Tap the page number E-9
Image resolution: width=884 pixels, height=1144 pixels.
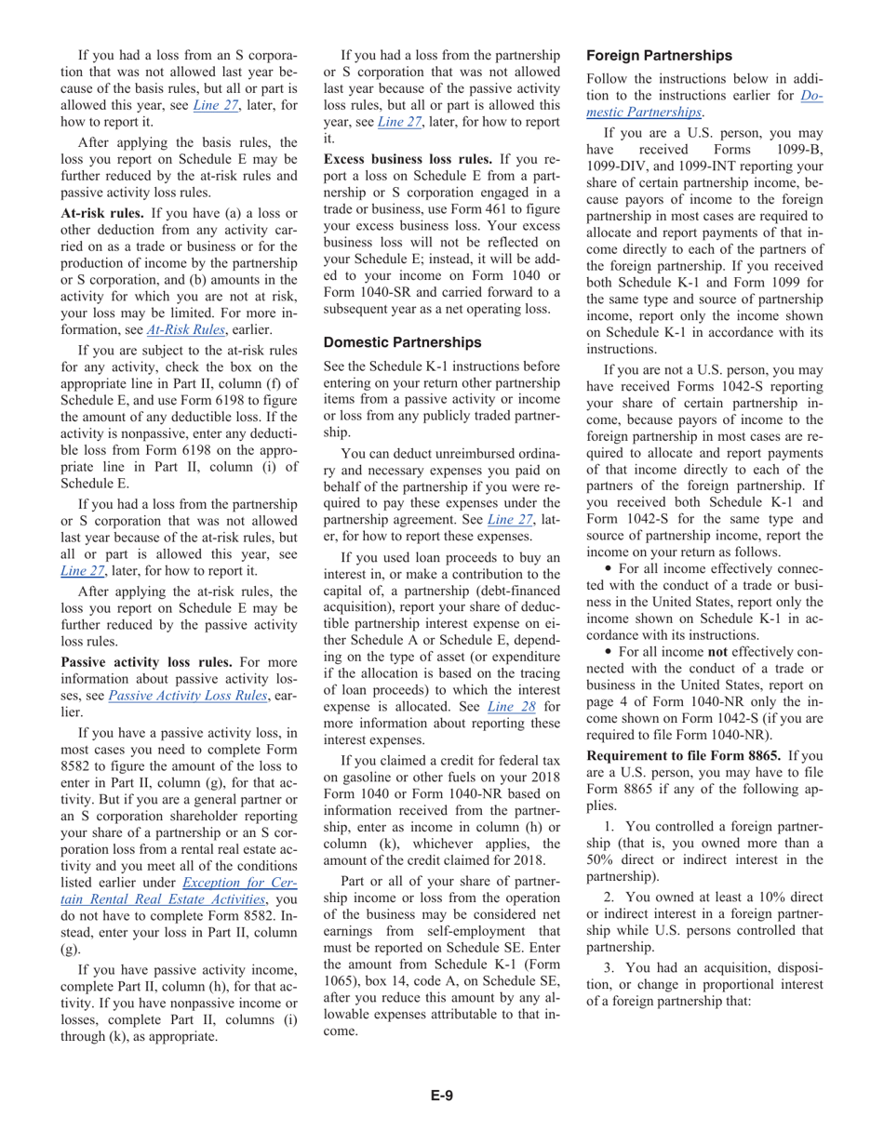[441, 1095]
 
